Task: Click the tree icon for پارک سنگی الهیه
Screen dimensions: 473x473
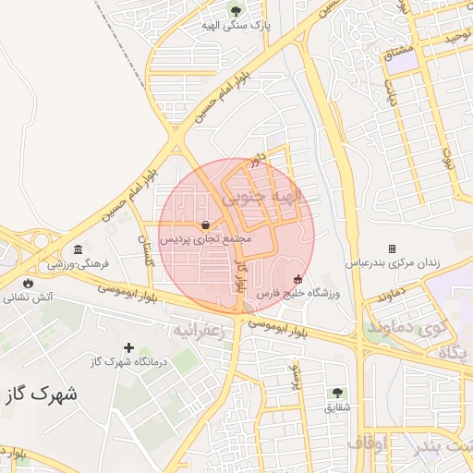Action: (x=236, y=12)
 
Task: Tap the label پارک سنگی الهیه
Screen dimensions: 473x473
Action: (x=236, y=27)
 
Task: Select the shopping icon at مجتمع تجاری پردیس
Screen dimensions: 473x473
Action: (x=204, y=224)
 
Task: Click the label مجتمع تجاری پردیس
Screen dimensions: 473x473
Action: (x=206, y=238)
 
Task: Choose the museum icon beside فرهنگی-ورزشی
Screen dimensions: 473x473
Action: (x=79, y=250)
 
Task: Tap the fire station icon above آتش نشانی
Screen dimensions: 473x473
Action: (x=27, y=283)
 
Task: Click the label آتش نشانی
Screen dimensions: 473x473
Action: (x=29, y=297)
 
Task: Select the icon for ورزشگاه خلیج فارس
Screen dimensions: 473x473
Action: (x=297, y=280)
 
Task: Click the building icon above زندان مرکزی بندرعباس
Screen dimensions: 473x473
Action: (x=392, y=249)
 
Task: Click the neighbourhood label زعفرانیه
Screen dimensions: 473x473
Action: (x=199, y=330)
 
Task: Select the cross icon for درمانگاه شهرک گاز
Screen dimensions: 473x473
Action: (x=128, y=348)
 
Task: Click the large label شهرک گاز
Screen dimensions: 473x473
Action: (x=41, y=394)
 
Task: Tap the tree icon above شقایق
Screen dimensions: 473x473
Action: (x=336, y=393)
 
